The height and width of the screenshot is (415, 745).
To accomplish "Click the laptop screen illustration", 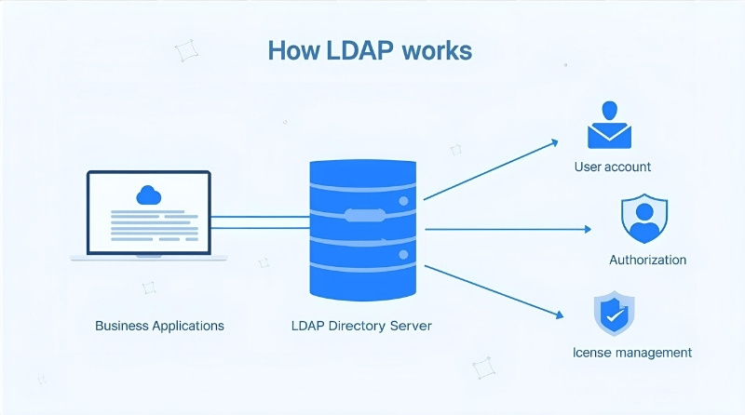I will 149,212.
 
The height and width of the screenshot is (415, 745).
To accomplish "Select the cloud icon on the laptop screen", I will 148,194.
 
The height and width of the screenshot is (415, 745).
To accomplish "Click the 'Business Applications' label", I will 159,327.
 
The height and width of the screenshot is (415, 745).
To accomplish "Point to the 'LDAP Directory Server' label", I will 363,327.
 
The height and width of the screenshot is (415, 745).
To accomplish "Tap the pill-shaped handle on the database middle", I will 364,215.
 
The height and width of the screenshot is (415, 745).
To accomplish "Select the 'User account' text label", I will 613,167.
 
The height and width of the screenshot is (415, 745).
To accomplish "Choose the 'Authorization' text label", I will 647,260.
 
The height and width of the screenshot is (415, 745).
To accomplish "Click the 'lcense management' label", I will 632,353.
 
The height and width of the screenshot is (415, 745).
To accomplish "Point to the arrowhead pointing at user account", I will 554,142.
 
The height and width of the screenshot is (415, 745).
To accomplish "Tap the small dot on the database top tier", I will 403,200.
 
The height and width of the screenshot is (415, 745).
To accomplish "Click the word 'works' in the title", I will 438,50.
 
